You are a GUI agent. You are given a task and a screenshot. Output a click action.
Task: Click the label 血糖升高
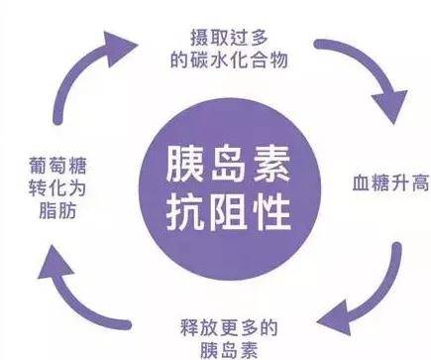pos(391,182)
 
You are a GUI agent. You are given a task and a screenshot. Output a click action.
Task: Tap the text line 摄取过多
pos(229,38)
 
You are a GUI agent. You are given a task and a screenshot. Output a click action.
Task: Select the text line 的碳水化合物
pos(229,60)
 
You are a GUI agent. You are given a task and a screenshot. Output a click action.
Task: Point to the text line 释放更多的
pos(229,327)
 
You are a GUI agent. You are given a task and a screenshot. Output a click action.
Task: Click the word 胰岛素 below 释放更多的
pos(229,350)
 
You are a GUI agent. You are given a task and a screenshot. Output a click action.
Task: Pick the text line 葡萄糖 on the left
pos(57,165)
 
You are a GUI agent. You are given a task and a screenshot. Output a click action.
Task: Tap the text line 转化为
pos(57,187)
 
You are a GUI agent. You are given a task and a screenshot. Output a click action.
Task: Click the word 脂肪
pos(57,210)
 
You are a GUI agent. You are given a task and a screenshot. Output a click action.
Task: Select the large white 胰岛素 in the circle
pos(228,165)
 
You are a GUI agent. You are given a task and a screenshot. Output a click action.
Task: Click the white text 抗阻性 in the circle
pos(228,212)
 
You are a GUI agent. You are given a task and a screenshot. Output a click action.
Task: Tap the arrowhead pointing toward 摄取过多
pos(119,48)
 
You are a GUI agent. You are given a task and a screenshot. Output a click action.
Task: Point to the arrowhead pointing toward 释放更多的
pos(334,318)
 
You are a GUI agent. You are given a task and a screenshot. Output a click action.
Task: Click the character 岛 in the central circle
pos(228,165)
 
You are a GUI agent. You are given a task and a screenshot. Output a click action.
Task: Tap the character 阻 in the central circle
pos(228,212)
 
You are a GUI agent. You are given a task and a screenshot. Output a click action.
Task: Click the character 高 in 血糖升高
pos(420,182)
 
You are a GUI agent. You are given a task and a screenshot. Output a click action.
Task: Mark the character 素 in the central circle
pos(271,165)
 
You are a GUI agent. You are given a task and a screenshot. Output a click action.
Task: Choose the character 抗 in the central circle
pos(185,212)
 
